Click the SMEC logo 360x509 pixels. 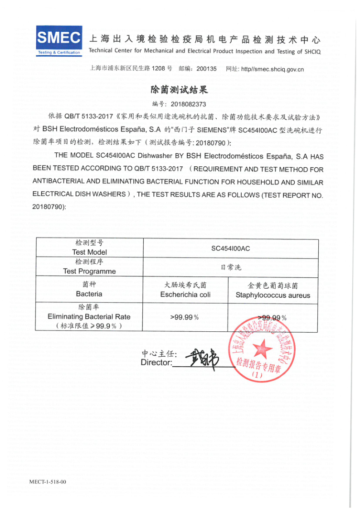pyautogui.click(x=59, y=40)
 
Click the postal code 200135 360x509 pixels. pyautogui.click(x=207, y=69)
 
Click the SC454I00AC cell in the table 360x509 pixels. pyautogui.click(x=230, y=248)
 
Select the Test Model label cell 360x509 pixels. pyautogui.click(x=89, y=247)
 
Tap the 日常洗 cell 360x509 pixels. pyautogui.click(x=230, y=267)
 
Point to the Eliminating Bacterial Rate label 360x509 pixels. pyautogui.click(x=89, y=316)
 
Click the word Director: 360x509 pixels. pyautogui.click(x=156, y=362)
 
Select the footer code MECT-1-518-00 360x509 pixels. pyautogui.click(x=48, y=482)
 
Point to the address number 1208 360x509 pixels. pyautogui.click(x=158, y=69)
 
